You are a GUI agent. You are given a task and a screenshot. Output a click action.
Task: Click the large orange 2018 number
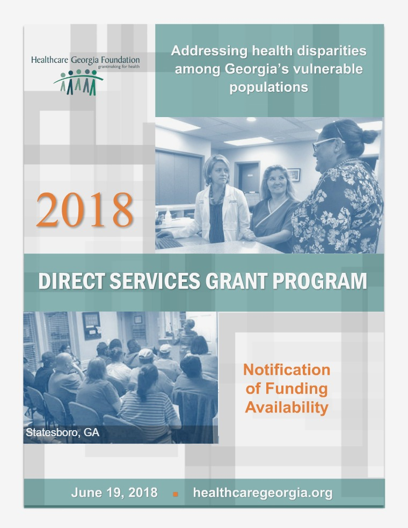click(84, 209)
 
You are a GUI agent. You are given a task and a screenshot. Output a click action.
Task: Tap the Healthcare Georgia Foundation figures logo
click(78, 82)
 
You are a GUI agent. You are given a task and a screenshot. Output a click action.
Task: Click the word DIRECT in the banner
click(72, 281)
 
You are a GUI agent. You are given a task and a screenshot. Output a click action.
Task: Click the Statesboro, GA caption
click(63, 432)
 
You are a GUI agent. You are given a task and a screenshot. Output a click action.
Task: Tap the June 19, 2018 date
click(114, 493)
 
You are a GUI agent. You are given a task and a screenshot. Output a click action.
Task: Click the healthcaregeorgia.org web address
click(263, 493)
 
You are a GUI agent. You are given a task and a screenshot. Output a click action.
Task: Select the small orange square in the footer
click(176, 494)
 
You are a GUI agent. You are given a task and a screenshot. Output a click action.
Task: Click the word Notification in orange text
click(287, 370)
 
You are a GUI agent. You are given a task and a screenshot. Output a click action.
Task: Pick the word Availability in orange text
click(287, 408)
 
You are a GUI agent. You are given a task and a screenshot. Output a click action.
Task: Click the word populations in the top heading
click(268, 87)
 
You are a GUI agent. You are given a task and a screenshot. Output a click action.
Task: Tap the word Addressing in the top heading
click(209, 51)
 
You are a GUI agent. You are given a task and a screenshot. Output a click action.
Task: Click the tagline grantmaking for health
click(119, 67)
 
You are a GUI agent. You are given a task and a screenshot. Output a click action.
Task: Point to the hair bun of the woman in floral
click(370, 136)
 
